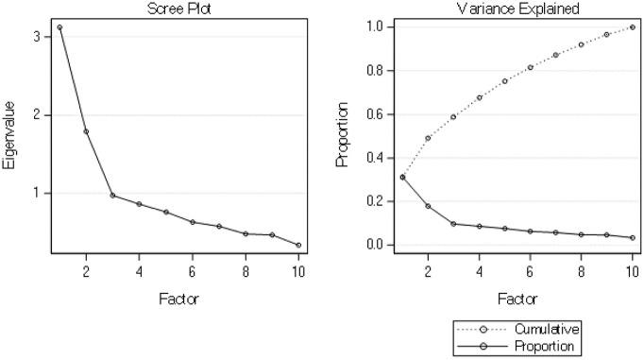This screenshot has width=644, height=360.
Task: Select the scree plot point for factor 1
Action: tap(59, 27)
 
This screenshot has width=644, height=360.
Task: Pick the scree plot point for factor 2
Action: tap(86, 131)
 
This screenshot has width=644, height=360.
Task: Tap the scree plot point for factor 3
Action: tap(112, 196)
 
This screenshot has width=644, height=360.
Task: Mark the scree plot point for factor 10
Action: tap(298, 246)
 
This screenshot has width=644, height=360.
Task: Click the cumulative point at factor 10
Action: tap(632, 27)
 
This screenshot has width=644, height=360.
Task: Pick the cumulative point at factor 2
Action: tap(428, 138)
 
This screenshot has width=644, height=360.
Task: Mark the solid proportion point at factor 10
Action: tap(632, 238)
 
